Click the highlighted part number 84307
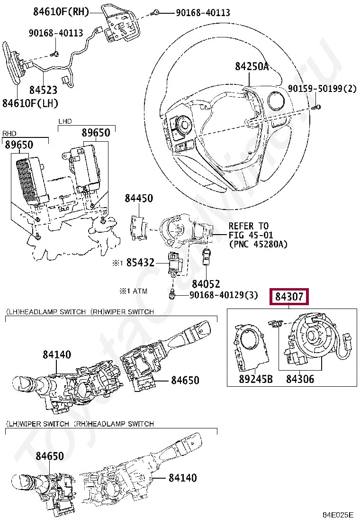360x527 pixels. [x=289, y=298]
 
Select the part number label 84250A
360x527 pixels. [x=252, y=67]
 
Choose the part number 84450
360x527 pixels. [x=139, y=199]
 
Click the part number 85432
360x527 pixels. [x=140, y=262]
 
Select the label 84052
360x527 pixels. [x=206, y=284]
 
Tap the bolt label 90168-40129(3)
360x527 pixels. [x=224, y=295]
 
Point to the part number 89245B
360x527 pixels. [x=249, y=379]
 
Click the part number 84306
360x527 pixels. [x=300, y=379]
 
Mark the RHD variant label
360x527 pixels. [x=9, y=133]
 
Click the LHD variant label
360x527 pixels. [x=65, y=122]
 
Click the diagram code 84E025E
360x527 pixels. [x=338, y=515]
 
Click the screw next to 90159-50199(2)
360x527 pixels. [x=318, y=107]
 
